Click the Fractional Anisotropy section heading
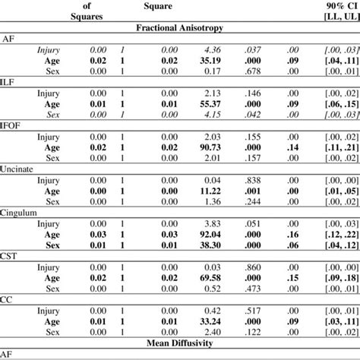coord(180,27)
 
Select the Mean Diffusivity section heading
coord(181,343)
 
